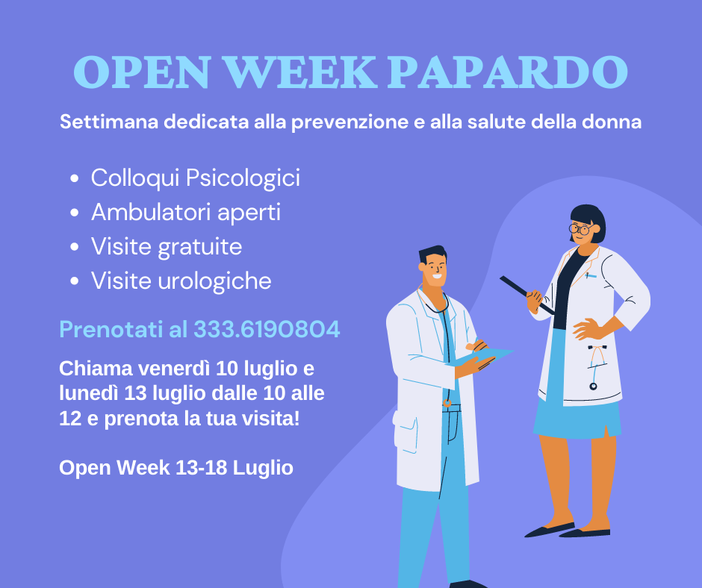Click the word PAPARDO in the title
(508, 72)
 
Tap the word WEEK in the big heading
(300, 72)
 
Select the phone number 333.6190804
(267, 329)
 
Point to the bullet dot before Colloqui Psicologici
(75, 178)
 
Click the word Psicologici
(243, 178)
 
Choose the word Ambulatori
(152, 212)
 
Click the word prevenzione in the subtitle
(350, 122)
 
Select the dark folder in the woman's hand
(526, 295)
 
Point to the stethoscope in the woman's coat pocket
(595, 367)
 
